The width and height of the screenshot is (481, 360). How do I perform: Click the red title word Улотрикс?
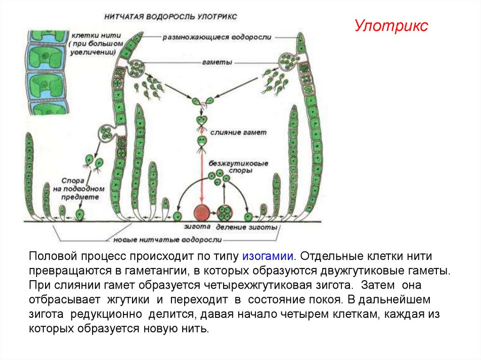click(391, 26)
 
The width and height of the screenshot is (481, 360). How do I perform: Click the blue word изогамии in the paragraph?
click(268, 257)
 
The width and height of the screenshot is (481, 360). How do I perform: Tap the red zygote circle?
click(202, 213)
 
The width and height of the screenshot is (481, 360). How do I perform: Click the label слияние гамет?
click(238, 132)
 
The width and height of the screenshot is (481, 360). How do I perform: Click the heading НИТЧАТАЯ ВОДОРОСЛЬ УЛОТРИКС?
click(171, 16)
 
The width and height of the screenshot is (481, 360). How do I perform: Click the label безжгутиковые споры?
click(237, 167)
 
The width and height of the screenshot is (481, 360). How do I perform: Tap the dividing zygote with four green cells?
click(225, 214)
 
